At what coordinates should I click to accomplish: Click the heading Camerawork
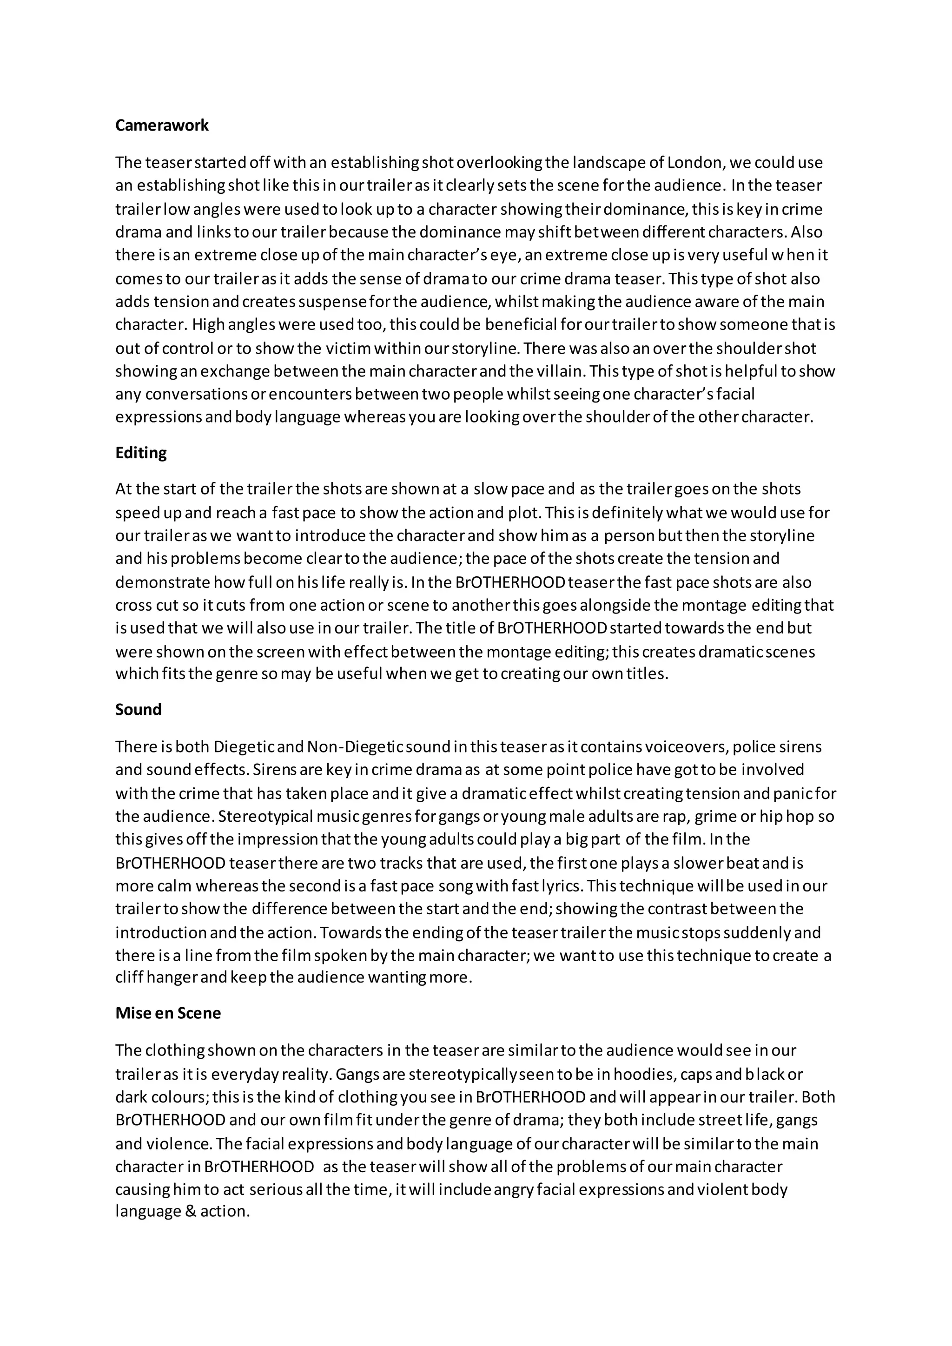(162, 125)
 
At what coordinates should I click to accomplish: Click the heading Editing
(141, 453)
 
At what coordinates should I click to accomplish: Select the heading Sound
(139, 709)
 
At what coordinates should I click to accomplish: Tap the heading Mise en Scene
(168, 1013)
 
